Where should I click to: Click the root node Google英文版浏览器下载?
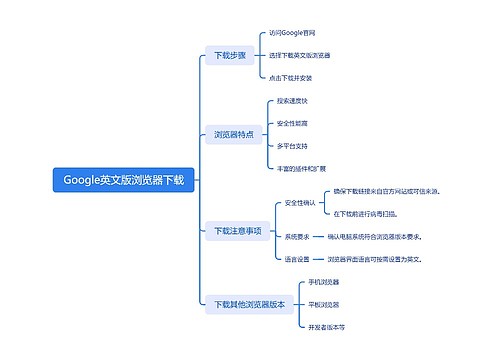[124, 181]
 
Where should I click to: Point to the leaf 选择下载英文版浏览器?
[300, 55]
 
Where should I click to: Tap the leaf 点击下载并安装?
[292, 77]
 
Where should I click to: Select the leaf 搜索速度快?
[293, 102]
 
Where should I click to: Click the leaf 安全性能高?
[293, 124]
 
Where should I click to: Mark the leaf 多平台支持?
[293, 146]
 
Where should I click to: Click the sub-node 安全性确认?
[300, 203]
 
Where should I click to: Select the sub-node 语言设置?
[297, 259]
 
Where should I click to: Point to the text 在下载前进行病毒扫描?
[365, 213]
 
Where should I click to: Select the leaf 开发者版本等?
[327, 326]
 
